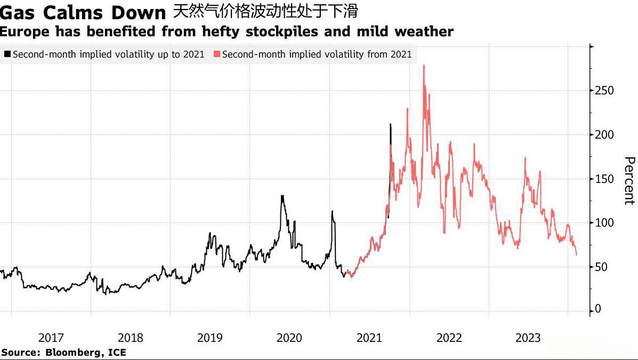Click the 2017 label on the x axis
[51, 338]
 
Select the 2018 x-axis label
[130, 338]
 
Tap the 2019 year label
[209, 338]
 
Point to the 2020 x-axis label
[289, 338]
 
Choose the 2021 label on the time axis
[369, 338]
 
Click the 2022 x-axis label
[449, 338]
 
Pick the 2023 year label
[528, 338]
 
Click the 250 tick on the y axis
[604, 91]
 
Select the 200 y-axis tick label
[604, 135]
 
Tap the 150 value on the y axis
[604, 179]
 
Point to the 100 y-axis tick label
[604, 223]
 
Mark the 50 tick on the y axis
[602, 267]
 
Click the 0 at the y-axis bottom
[598, 309]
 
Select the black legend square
[7, 54]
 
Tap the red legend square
[216, 54]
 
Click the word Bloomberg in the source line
[69, 353]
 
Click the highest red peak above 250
[424, 66]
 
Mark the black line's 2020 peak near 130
[282, 196]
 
